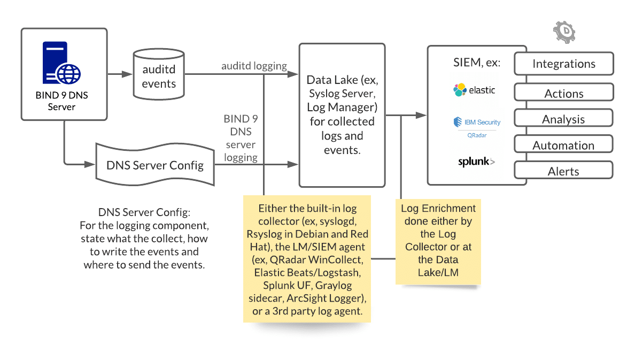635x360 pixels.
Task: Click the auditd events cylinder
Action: [x=159, y=75]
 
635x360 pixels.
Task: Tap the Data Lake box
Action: [x=342, y=115]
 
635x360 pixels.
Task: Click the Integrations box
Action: [x=563, y=64]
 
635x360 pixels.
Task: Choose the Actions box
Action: [x=563, y=93]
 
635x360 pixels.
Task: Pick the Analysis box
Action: [x=563, y=119]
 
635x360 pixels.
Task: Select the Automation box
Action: [x=563, y=145]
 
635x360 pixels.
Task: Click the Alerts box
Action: [x=563, y=171]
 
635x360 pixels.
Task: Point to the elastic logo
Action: [x=474, y=90]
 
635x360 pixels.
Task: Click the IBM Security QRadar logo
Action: [x=476, y=126]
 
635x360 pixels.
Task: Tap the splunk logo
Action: [x=476, y=162]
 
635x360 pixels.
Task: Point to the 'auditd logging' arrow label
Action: [x=254, y=66]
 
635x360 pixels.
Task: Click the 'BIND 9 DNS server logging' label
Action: [x=240, y=138]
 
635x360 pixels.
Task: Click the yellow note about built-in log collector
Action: [x=307, y=259]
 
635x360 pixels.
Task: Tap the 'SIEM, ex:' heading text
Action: [x=476, y=63]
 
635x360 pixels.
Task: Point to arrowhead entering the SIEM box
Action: [x=423, y=115]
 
